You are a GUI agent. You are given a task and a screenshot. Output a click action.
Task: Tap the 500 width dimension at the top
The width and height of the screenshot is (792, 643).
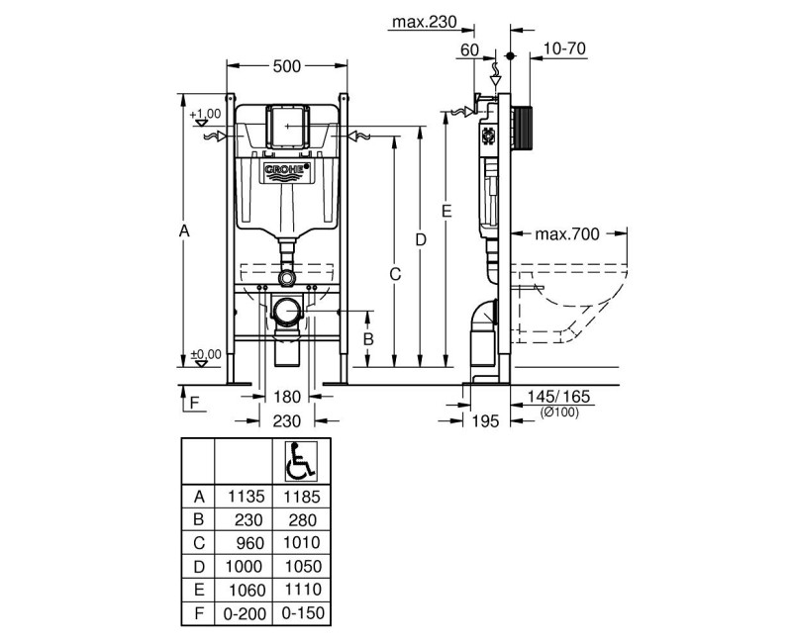tap(286, 66)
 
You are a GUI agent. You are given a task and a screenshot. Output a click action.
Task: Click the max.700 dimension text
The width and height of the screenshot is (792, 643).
tap(567, 234)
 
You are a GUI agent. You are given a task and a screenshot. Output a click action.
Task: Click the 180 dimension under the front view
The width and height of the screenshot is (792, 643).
tap(286, 397)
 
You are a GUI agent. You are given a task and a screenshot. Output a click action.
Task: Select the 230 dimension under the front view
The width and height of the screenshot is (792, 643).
tap(286, 420)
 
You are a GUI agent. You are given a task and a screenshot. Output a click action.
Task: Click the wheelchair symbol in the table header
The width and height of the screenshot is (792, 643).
tap(299, 459)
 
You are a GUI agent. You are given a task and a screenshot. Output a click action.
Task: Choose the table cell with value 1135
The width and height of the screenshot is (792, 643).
tap(245, 496)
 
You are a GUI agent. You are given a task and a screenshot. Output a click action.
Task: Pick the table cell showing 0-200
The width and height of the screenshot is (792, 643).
tap(245, 613)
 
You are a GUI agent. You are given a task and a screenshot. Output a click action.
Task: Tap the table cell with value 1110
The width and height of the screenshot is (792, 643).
tap(299, 591)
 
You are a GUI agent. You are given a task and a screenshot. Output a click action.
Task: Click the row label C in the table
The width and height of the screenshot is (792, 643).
tap(198, 543)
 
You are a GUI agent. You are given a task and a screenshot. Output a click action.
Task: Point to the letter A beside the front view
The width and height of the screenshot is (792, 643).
tap(183, 230)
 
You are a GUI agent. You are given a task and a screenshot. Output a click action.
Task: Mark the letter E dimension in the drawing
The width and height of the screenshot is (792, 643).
tap(446, 211)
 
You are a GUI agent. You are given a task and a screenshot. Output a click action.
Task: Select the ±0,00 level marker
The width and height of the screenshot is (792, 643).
tap(204, 355)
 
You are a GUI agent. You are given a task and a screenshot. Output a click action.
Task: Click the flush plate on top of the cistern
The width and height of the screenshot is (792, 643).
tap(287, 124)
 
